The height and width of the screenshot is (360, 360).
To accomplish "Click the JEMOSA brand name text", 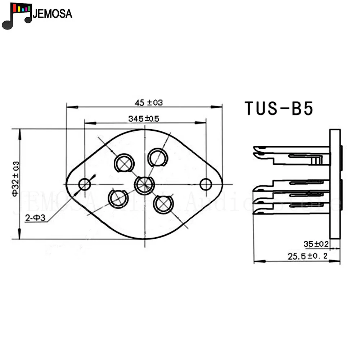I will [x=52, y=14].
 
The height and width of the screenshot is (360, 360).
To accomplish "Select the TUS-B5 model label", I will [x=279, y=108].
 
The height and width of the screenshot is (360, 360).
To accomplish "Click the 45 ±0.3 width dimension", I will [x=149, y=103].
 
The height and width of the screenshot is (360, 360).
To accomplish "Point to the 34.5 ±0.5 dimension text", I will [x=144, y=118].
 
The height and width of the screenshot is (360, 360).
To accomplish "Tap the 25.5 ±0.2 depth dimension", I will [x=308, y=256].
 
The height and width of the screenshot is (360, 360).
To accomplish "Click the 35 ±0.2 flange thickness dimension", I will [x=316, y=244].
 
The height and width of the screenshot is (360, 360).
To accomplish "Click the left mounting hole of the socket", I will [x=85, y=184].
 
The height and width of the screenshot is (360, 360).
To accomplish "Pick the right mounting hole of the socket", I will [x=206, y=184].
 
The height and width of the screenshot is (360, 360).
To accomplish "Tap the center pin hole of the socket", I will [x=144, y=184].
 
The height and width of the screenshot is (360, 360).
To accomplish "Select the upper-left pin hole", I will [x=124, y=164].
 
